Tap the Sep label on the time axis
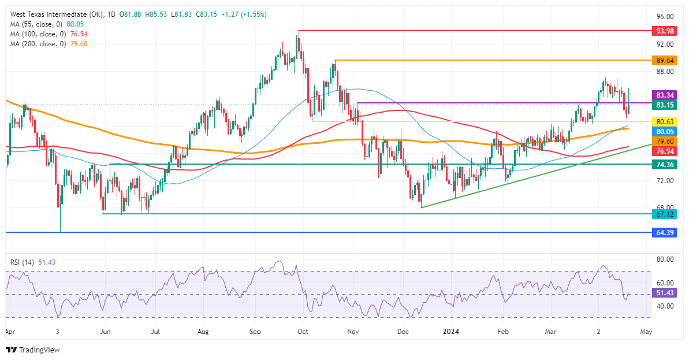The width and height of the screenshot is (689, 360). (x=256, y=332)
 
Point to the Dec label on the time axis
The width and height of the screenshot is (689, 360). (x=403, y=332)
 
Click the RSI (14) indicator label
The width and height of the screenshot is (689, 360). (x=23, y=262)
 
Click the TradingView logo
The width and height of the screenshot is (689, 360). (x=33, y=350)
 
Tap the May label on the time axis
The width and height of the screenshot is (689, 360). (x=646, y=332)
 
